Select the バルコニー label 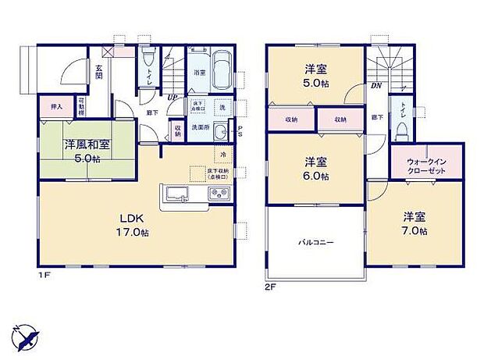(x=315, y=243)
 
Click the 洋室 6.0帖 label (x=315, y=168)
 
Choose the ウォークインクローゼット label (x=426, y=166)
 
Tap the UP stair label (x=170, y=98)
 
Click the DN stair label (x=375, y=86)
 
